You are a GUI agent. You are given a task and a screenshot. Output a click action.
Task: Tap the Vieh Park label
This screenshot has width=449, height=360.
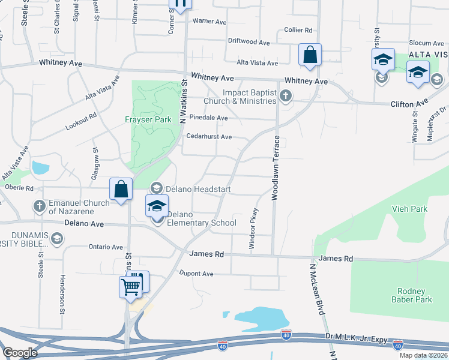tap(411, 209)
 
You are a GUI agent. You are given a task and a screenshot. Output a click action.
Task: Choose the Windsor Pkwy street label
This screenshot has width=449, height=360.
tap(254, 229)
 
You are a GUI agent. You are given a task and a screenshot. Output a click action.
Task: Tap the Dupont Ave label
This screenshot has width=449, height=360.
tap(196, 274)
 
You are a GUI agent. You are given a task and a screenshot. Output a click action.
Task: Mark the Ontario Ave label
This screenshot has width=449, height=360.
tap(105, 247)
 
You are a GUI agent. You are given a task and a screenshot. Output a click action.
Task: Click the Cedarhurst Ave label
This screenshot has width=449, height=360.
tap(209, 137)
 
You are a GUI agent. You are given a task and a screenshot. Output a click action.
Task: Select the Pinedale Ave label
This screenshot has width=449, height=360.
tap(208, 118)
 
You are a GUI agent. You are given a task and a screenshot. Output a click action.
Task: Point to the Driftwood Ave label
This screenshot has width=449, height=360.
tap(249, 42)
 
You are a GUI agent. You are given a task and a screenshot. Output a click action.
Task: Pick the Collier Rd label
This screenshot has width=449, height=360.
tap(298, 29)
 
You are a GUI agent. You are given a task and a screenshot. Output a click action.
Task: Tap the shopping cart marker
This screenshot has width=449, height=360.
tap(130, 287)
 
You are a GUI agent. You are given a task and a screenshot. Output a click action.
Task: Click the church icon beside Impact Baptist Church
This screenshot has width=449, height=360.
tap(286, 95)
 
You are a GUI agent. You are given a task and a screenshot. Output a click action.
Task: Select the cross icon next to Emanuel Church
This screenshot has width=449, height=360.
tap(40, 207)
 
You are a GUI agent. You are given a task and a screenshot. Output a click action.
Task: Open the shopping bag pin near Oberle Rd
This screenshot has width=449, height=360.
tap(121, 189)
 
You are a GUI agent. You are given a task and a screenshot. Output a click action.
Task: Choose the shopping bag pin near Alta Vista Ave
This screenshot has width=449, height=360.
tap(310, 55)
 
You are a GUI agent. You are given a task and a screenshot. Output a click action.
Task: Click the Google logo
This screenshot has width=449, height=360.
tap(20, 353)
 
